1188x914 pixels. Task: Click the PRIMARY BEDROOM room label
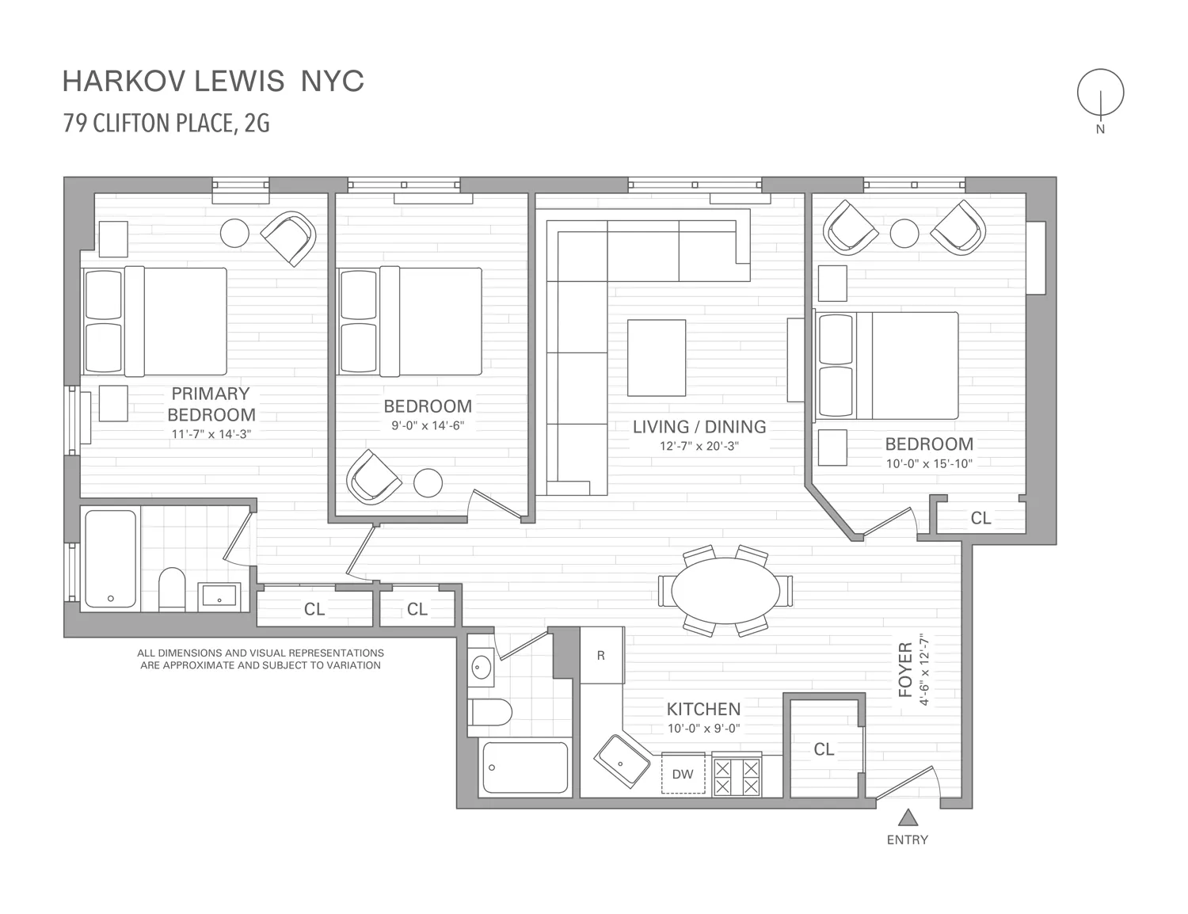pyautogui.click(x=211, y=404)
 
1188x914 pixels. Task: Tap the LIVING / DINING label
pyautogui.click(x=699, y=427)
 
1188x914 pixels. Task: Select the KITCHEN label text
pyautogui.click(x=703, y=709)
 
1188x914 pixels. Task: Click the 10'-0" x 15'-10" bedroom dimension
pyautogui.click(x=929, y=464)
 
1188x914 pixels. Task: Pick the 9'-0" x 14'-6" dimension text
pyautogui.click(x=428, y=425)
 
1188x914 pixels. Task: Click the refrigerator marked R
pyautogui.click(x=601, y=655)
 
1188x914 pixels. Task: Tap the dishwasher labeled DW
pyautogui.click(x=683, y=774)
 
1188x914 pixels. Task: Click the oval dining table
pyautogui.click(x=725, y=591)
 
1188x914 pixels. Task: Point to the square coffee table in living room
pyautogui.click(x=657, y=357)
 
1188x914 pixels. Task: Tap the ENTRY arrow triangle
pyautogui.click(x=908, y=817)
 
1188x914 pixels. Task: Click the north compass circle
pyautogui.click(x=1100, y=93)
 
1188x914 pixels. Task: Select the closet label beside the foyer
pyautogui.click(x=824, y=748)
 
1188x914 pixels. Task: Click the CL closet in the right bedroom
pyautogui.click(x=980, y=518)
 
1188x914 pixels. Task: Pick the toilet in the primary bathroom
pyautogui.click(x=172, y=588)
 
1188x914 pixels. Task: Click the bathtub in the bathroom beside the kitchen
pyautogui.click(x=525, y=767)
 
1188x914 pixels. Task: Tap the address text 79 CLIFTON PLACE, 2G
pyautogui.click(x=166, y=124)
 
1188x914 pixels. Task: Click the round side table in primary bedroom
pyautogui.click(x=234, y=232)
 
